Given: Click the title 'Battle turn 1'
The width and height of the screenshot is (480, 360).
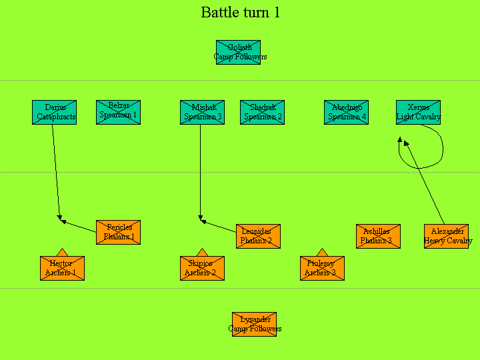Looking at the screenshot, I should click(x=240, y=13).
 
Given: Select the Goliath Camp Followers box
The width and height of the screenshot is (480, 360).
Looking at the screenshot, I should click(x=238, y=52).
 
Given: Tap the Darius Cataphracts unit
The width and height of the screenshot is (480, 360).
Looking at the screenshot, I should click(x=54, y=112).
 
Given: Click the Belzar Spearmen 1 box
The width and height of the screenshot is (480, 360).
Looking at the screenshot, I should click(x=118, y=112).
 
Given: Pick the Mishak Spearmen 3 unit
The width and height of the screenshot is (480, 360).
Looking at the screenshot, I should click(x=202, y=112).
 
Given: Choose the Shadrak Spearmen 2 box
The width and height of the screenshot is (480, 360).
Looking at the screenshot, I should click(x=262, y=112).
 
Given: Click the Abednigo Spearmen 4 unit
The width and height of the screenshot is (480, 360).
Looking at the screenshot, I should click(x=346, y=112).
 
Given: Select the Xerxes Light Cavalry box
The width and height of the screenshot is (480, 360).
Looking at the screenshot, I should click(x=418, y=112).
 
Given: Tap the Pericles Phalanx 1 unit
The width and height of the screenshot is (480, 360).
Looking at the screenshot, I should click(x=118, y=232).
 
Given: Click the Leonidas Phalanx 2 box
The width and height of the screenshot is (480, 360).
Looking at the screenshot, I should click(x=258, y=236).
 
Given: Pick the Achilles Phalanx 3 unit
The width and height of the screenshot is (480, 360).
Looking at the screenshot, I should click(x=378, y=236).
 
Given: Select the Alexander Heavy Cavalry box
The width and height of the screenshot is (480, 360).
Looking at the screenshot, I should click(x=446, y=236).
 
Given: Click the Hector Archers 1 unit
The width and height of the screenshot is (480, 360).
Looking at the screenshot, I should click(x=62, y=268).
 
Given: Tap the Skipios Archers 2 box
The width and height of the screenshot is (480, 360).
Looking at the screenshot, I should click(x=202, y=268).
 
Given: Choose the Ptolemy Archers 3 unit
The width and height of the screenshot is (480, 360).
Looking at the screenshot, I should click(x=322, y=268).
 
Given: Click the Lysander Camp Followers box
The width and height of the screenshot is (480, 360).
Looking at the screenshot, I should click(x=254, y=324).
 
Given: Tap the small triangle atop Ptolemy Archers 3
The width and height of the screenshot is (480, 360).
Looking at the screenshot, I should click(x=322, y=253).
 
